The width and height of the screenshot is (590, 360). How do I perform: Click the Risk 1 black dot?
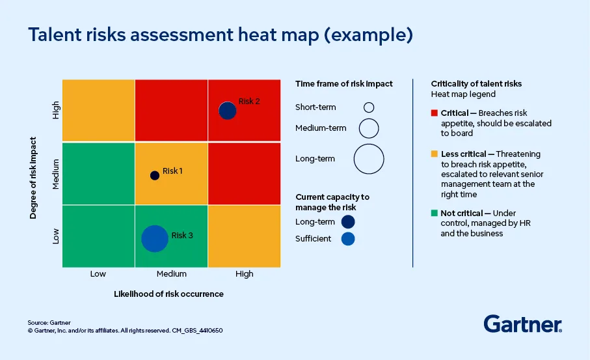[154, 175]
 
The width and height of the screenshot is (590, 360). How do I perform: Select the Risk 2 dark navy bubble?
[227, 111]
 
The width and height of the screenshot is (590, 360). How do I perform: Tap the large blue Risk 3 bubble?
[154, 238]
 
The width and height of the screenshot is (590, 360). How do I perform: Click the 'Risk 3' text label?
[182, 235]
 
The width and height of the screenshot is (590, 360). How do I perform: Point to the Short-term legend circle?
[369, 107]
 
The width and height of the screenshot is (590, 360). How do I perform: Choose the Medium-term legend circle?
[369, 128]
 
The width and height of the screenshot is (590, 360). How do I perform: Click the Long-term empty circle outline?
[369, 158]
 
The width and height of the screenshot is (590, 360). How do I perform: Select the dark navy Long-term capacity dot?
[348, 222]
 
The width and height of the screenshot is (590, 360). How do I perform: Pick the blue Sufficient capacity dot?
[348, 239]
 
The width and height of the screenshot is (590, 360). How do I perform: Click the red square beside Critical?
[434, 113]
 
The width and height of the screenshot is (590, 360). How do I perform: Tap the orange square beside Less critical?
[434, 154]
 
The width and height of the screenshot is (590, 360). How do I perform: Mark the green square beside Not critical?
[434, 214]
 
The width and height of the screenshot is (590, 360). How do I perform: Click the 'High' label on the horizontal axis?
[245, 274]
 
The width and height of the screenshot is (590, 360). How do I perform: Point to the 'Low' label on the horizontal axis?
[98, 274]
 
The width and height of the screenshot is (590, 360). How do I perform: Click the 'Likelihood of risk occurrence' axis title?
[168, 294]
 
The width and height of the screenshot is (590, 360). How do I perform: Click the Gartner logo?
[522, 324]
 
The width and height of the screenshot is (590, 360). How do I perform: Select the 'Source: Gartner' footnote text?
[49, 322]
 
